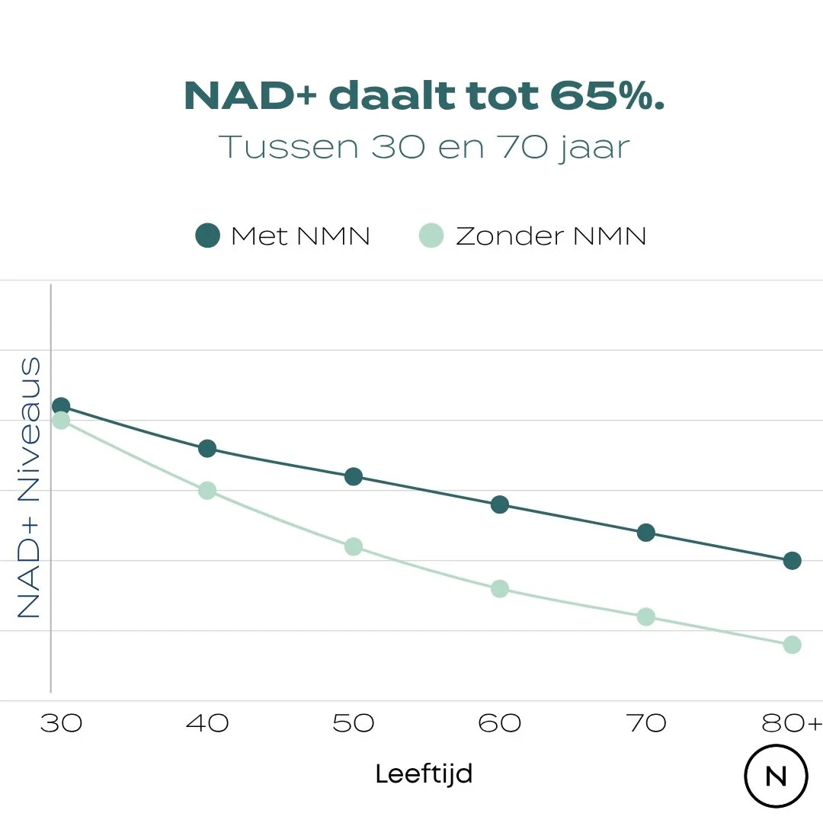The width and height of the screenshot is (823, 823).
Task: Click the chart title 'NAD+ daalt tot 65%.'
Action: [x=424, y=97]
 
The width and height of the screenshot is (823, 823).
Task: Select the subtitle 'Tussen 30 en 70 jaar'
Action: [x=424, y=147]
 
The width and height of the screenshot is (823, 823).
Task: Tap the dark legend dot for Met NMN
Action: [x=207, y=235]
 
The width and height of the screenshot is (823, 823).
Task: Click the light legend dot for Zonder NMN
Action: [x=431, y=235]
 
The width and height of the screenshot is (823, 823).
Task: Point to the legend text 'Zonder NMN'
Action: [x=550, y=235]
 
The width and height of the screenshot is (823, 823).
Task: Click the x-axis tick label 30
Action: [x=61, y=723]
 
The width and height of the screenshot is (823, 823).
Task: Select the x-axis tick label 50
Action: [x=353, y=723]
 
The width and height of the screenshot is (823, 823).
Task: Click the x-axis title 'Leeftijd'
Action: [x=424, y=774]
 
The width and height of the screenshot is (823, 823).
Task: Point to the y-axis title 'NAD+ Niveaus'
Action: [x=28, y=488]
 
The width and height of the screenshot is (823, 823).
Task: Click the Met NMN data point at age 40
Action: [x=207, y=448]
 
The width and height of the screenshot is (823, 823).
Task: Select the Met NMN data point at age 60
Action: [x=500, y=504]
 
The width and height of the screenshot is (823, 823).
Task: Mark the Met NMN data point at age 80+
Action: [x=793, y=561]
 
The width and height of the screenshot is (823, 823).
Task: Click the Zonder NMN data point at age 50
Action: [x=354, y=546]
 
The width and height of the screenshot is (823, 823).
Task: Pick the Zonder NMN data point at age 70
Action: [x=646, y=616]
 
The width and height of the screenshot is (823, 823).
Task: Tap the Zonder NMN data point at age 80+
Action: [x=793, y=645]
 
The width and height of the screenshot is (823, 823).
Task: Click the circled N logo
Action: [x=776, y=776]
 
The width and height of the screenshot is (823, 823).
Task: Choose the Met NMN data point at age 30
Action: [x=61, y=405]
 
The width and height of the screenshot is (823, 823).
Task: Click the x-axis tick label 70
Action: [x=646, y=723]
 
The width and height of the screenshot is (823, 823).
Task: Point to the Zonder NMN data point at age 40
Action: [x=207, y=490]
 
